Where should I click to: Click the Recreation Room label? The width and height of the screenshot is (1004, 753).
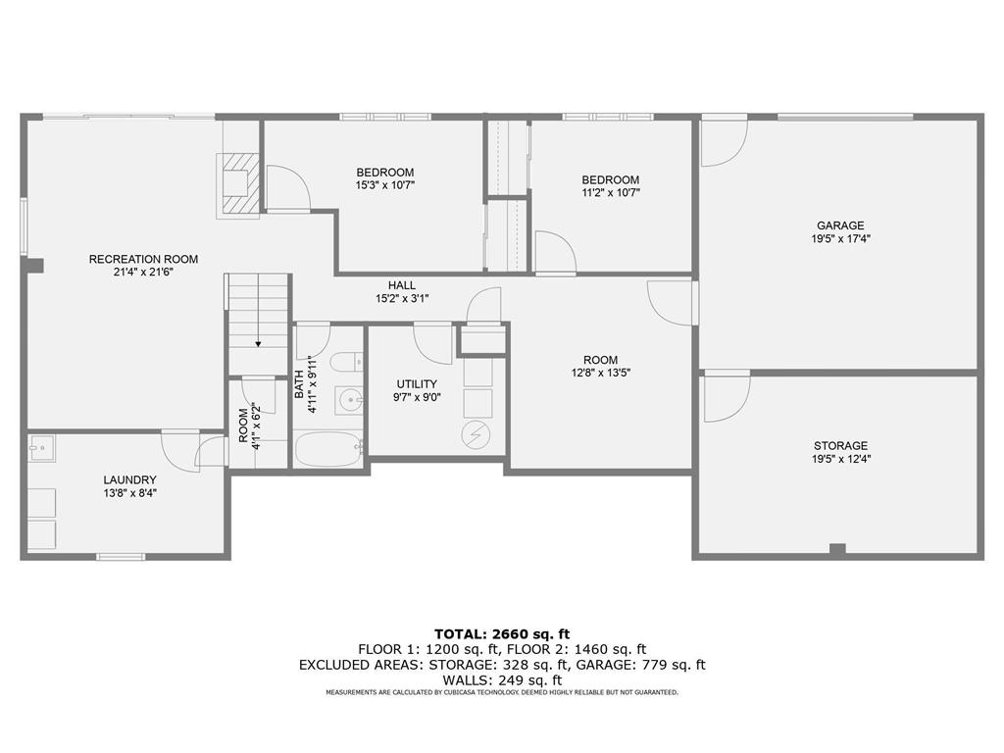tap(143, 259)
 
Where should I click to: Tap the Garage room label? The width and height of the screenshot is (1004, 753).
tap(840, 226)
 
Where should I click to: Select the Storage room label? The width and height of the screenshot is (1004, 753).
tap(840, 446)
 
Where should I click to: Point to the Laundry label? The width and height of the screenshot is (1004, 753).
tap(130, 479)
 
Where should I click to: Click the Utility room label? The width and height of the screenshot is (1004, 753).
tap(417, 384)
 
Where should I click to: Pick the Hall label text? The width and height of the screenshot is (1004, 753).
tap(401, 285)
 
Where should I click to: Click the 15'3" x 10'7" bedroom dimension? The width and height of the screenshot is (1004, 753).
tap(385, 185)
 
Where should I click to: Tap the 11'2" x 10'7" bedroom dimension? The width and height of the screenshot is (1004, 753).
tap(610, 193)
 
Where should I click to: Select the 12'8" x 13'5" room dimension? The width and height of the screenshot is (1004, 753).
tap(601, 373)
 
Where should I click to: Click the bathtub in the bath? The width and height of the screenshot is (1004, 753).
tap(327, 449)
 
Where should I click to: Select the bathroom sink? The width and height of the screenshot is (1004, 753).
tap(349, 401)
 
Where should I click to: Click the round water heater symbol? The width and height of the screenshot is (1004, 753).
tap(476, 435)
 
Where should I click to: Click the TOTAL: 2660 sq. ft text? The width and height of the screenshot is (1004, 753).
tap(502, 634)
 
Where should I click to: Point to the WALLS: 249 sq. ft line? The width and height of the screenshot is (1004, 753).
tap(502, 680)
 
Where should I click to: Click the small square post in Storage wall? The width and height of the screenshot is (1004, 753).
tap(837, 549)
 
